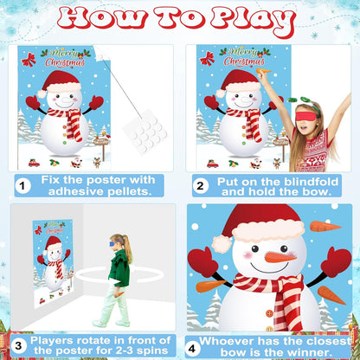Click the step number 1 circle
[x=22, y=186]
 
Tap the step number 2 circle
[x=200, y=186]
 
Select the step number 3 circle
[x=18, y=346]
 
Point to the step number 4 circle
[x=192, y=348]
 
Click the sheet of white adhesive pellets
[x=146, y=132]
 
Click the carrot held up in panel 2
[x=263, y=70]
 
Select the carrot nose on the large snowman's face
[x=280, y=257]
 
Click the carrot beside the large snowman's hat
[x=325, y=227]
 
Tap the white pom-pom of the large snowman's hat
[x=222, y=244]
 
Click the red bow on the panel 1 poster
[x=29, y=60]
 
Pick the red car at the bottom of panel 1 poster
[x=34, y=164]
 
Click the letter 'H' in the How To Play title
[x=75, y=18]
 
